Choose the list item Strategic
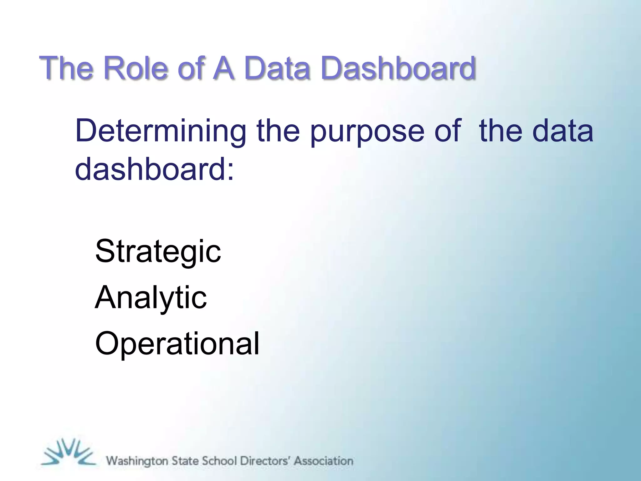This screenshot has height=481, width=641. tap(158, 252)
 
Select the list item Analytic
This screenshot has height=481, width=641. tap(151, 298)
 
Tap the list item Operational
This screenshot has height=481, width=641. tap(177, 344)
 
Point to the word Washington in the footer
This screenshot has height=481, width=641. tap(137, 461)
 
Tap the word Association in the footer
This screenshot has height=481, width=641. tap(324, 461)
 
